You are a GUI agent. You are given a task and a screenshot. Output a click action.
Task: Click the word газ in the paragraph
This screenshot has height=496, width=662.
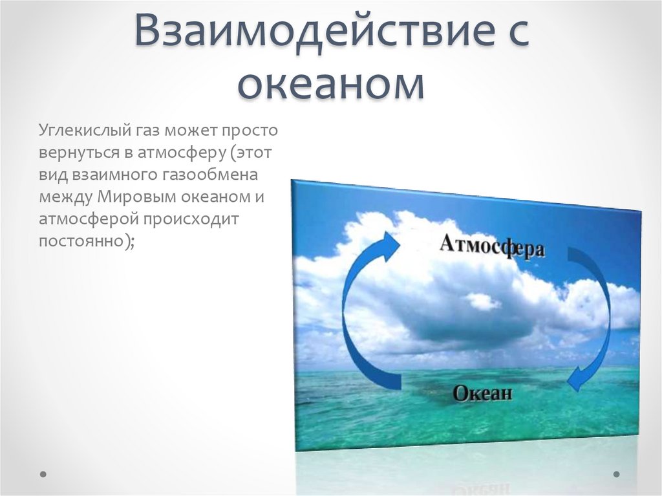[x=147, y=131]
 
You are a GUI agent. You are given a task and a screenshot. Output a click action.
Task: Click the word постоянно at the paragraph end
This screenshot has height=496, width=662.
[x=81, y=242]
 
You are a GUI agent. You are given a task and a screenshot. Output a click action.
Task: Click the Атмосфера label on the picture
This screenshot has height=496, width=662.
[x=491, y=246]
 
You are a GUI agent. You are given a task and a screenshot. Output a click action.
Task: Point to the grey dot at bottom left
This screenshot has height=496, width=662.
[x=43, y=474]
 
